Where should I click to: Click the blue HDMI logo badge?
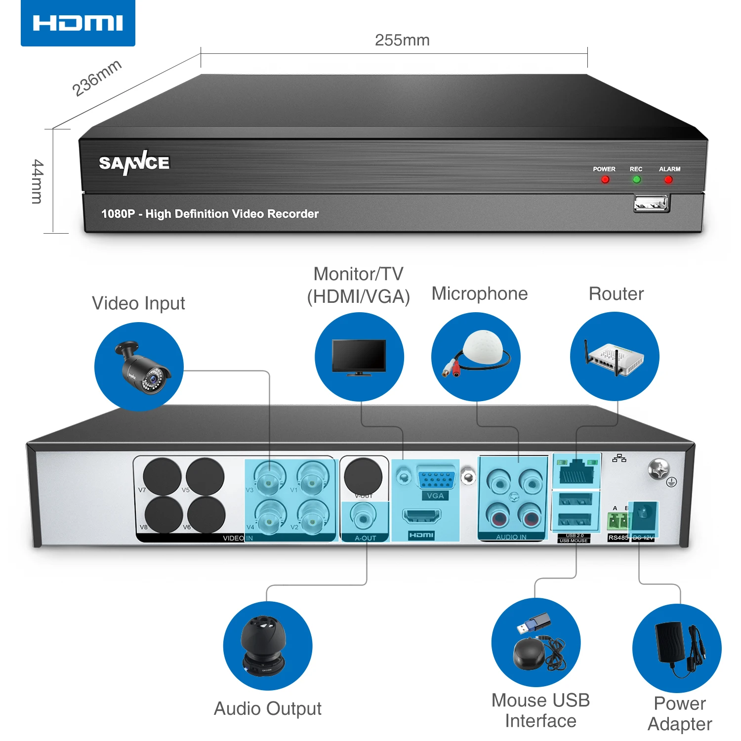click(x=78, y=23)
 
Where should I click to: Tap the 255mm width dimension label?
click(x=402, y=40)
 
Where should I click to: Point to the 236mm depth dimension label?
click(x=97, y=78)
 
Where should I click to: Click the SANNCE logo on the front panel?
click(x=134, y=163)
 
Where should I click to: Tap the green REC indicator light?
click(x=636, y=180)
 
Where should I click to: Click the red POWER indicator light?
click(x=605, y=180)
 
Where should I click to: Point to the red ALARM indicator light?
click(x=668, y=180)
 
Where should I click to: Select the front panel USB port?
click(x=652, y=203)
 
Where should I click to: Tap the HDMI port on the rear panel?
click(x=421, y=517)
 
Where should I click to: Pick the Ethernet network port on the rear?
click(x=576, y=471)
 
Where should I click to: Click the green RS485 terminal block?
click(x=618, y=521)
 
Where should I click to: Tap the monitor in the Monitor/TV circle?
click(x=359, y=357)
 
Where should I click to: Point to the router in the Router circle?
click(x=615, y=358)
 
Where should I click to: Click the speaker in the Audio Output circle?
click(x=263, y=645)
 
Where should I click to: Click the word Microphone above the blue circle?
click(x=480, y=293)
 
